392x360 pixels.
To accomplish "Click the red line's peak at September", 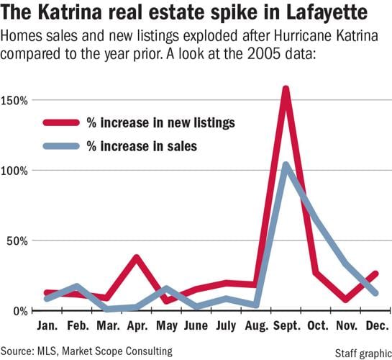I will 286,89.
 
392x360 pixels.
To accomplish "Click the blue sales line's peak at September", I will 286,165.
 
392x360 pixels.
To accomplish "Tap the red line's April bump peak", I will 136,257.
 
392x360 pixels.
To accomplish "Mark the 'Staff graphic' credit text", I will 360,351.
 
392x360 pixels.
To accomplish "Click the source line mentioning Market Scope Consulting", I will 87,351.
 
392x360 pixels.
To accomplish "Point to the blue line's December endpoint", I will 375,292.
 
